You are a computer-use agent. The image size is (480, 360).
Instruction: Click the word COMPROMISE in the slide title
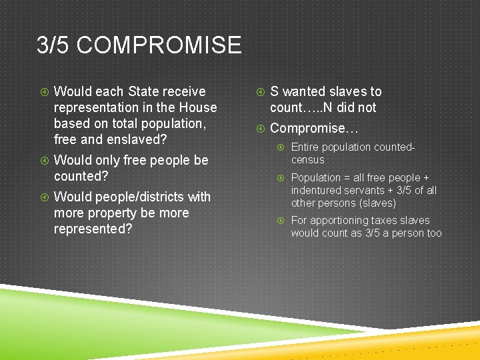pyautogui.click(x=159, y=45)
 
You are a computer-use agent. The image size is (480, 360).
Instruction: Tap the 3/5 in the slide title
pyautogui.click(x=53, y=45)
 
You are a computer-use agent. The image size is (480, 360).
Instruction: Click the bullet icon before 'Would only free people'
pyautogui.click(x=43, y=161)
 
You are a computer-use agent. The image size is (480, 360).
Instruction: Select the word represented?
pyautogui.click(x=93, y=229)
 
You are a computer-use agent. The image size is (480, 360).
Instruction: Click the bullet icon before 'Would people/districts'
pyautogui.click(x=43, y=197)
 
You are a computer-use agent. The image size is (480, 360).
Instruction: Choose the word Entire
pyautogui.click(x=305, y=147)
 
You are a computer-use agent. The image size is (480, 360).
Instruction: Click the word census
pyautogui.click(x=308, y=159)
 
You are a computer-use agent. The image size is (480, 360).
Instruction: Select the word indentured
pyautogui.click(x=316, y=190)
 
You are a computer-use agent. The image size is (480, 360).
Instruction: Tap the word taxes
pyautogui.click(x=386, y=220)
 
